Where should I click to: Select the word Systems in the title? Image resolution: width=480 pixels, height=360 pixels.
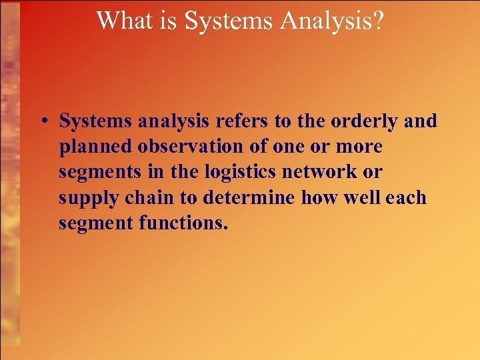(228, 21)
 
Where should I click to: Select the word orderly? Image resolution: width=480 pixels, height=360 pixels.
(360, 121)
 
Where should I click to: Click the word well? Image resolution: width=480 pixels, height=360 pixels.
(366, 197)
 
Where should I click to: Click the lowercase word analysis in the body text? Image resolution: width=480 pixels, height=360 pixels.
(172, 122)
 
